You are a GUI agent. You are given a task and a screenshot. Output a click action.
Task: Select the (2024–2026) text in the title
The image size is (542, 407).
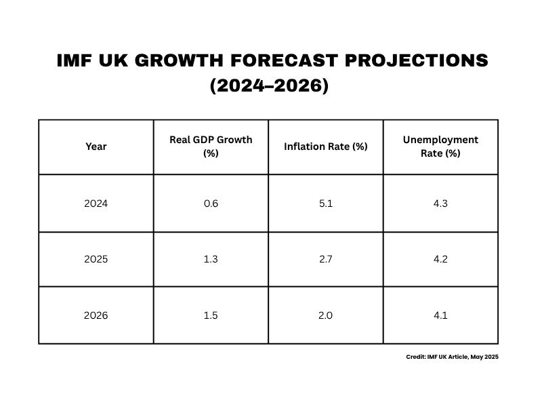269,87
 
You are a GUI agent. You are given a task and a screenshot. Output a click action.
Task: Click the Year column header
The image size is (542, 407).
96,147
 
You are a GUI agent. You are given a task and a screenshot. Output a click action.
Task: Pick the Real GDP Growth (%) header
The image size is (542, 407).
211,147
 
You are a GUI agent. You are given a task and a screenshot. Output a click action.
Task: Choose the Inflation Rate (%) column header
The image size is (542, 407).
326,147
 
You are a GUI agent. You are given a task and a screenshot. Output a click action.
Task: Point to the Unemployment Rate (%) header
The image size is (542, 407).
440,147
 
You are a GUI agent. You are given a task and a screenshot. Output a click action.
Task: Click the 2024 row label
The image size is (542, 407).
96,203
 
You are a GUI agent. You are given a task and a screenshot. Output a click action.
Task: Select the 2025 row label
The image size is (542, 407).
96,259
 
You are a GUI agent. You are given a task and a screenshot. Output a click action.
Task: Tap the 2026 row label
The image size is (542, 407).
96,315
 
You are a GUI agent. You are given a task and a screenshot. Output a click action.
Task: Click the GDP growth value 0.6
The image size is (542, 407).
211,203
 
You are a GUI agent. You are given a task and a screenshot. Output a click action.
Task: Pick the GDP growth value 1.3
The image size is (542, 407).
211,259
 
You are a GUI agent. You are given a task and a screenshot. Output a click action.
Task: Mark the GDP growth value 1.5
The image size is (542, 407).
211,315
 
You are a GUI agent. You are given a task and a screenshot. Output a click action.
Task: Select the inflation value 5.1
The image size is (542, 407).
326,203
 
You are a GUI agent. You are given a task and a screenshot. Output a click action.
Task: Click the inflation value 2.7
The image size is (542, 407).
326,259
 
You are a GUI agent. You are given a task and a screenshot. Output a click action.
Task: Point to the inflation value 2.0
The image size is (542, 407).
326,315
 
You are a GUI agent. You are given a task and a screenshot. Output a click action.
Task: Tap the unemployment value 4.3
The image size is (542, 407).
440,203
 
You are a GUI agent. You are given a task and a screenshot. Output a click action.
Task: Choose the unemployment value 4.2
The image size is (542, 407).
440,259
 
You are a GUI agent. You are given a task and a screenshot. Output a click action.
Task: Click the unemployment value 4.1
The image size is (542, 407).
440,315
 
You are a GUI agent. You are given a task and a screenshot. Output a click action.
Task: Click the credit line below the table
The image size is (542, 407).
452,357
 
